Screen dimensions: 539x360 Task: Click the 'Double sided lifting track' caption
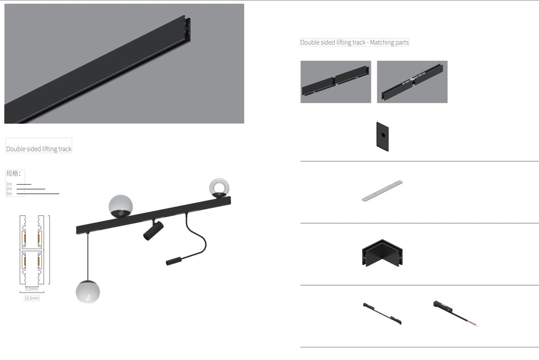(39, 149)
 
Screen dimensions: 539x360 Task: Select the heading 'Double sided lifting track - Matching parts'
(354, 42)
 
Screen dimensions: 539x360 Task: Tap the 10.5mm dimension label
(32, 298)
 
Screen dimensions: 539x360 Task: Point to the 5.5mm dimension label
(32, 289)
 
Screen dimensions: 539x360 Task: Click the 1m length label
(9, 184)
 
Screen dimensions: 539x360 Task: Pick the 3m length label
(9, 194)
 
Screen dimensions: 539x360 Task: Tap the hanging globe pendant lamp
(88, 292)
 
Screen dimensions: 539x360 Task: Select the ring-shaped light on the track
(219, 188)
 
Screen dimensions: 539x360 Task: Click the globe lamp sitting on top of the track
(121, 206)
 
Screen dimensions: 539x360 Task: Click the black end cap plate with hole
(383, 136)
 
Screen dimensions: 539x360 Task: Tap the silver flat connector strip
(382, 191)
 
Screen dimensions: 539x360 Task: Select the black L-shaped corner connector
(382, 253)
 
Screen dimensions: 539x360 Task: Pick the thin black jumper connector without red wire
(382, 313)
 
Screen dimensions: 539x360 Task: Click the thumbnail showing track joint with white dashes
(412, 82)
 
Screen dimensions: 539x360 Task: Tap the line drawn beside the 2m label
(31, 189)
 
